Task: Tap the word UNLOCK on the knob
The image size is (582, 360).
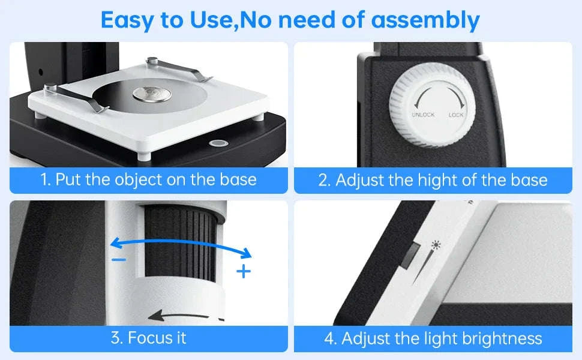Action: click(x=423, y=114)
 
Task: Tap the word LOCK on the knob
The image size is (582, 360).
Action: click(x=456, y=114)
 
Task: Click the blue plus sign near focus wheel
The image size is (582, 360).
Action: click(x=243, y=272)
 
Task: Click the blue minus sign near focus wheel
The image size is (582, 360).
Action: click(x=119, y=259)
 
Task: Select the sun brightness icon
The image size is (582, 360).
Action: click(x=436, y=245)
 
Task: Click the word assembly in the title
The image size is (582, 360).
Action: click(x=425, y=20)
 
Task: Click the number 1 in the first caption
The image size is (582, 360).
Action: click(x=44, y=179)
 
